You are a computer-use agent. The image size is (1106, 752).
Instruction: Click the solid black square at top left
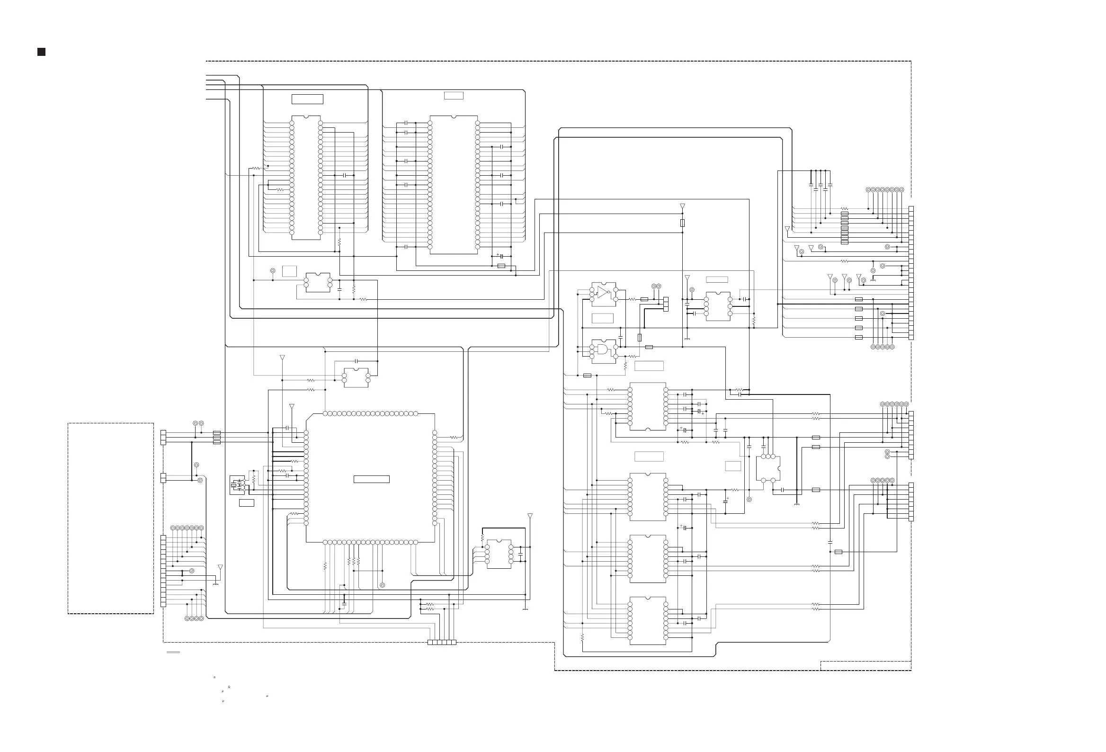pyautogui.click(x=41, y=52)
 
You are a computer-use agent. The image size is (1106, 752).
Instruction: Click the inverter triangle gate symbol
pyautogui.click(x=603, y=292)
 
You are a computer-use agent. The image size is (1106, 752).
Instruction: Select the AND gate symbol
pyautogui.click(x=603, y=351)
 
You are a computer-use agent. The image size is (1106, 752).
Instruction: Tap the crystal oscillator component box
pyautogui.click(x=237, y=485)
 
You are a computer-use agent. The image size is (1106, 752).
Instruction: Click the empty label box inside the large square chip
pyautogui.click(x=371, y=479)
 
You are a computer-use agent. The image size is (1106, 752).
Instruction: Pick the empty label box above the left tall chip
pyautogui.click(x=307, y=99)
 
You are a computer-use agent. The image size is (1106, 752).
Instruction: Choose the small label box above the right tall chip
pyautogui.click(x=453, y=96)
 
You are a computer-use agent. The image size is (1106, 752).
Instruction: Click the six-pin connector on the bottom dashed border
pyautogui.click(x=442, y=643)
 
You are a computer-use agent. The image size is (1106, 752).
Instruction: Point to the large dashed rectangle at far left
pyautogui.click(x=110, y=519)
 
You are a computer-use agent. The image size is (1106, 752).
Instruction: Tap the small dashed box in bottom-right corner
pyautogui.click(x=865, y=666)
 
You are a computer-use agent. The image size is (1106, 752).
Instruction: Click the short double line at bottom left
pyautogui.click(x=173, y=653)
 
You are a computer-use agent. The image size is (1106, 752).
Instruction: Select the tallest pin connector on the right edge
pyautogui.click(x=911, y=273)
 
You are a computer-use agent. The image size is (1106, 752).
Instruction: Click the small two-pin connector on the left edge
pyautogui.click(x=163, y=478)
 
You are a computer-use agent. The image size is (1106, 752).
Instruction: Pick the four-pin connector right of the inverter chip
pyautogui.click(x=666, y=304)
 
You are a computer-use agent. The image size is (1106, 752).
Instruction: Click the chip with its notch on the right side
pyautogui.click(x=767, y=468)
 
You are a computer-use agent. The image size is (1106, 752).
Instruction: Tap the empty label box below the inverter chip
pyautogui.click(x=602, y=318)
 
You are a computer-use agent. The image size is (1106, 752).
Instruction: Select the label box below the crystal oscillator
pyautogui.click(x=246, y=502)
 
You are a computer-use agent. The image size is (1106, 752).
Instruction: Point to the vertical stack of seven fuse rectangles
pyautogui.click(x=844, y=228)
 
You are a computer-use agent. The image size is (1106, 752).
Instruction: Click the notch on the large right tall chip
pyautogui.click(x=454, y=116)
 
